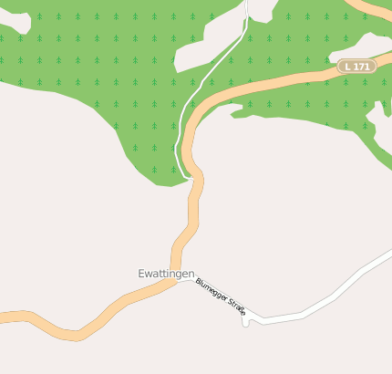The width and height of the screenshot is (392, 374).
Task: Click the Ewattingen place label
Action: point(168,273)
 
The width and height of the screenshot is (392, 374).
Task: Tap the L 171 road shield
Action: point(356,67)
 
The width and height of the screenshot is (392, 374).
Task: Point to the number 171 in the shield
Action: point(361,67)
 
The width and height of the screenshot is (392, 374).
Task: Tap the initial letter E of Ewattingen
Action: point(141,273)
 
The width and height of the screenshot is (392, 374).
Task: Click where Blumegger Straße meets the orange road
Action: point(180,281)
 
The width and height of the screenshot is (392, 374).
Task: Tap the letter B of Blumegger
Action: point(198,282)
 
